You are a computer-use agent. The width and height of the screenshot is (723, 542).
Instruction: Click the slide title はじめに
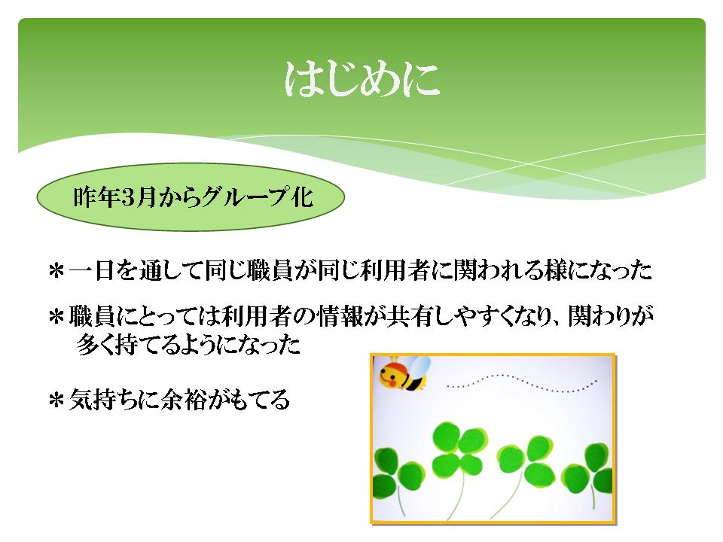(362, 79)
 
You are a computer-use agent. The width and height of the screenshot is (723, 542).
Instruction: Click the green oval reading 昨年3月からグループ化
(191, 196)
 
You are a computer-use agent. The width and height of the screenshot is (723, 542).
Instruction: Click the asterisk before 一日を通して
(56, 271)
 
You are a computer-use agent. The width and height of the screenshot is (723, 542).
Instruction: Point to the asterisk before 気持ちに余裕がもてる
(56, 400)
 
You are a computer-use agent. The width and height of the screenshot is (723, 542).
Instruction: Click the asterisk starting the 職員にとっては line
(56, 317)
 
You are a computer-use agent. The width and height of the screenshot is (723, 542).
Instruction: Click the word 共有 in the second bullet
(410, 316)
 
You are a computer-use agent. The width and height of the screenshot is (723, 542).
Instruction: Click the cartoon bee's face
(391, 375)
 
